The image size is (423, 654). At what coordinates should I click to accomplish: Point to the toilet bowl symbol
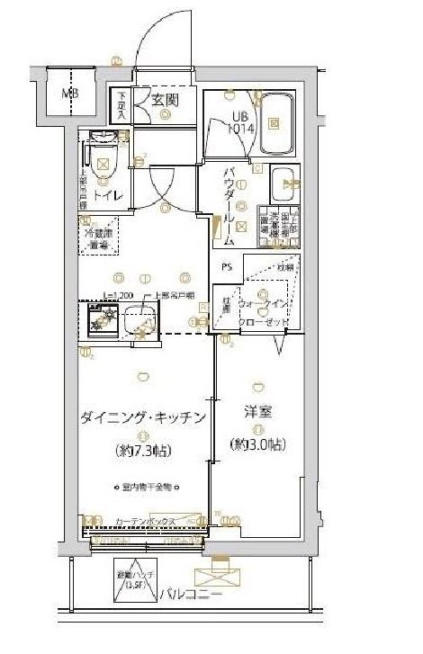pyautogui.click(x=102, y=165)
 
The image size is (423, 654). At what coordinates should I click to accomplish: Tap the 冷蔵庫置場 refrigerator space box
pyautogui.click(x=98, y=237)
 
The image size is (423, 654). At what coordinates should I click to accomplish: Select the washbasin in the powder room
pyautogui.click(x=287, y=183)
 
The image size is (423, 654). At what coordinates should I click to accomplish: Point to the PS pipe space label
pyautogui.click(x=229, y=266)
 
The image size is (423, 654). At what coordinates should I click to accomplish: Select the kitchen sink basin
pyautogui.click(x=137, y=318)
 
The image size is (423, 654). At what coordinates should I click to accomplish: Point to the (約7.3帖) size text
pyautogui.click(x=144, y=450)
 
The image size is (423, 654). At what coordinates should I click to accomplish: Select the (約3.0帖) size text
pyautogui.click(x=256, y=444)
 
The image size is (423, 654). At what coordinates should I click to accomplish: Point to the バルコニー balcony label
pyautogui.click(x=189, y=595)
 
